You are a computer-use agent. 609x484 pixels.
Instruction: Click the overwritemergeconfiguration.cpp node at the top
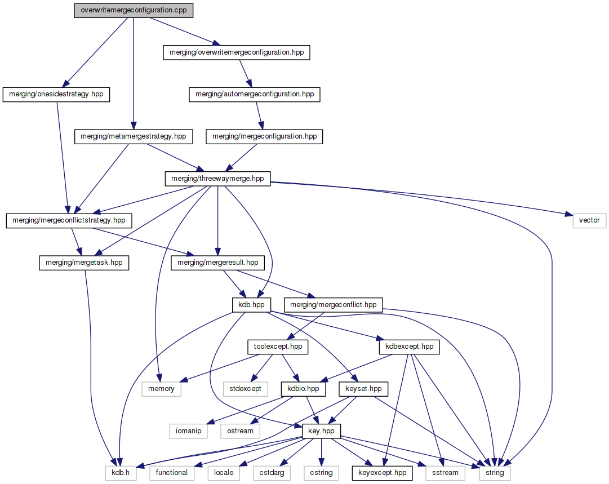click(x=134, y=11)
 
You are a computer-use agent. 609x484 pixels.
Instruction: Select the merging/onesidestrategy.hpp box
click(x=56, y=95)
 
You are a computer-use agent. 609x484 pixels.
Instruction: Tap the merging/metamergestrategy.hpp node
click(x=134, y=136)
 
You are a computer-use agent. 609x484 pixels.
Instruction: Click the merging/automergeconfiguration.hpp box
click(x=254, y=95)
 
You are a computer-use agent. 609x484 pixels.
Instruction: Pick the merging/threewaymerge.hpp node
click(x=217, y=179)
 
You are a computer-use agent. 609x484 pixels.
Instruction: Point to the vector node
click(x=589, y=220)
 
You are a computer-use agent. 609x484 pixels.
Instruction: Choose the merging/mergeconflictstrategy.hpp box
click(x=69, y=220)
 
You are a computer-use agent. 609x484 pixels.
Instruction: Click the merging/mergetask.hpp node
click(x=84, y=263)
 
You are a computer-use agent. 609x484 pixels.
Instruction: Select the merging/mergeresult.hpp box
click(x=217, y=263)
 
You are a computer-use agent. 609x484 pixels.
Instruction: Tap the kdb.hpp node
click(x=251, y=305)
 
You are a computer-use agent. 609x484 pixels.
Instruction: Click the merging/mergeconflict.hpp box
click(x=334, y=305)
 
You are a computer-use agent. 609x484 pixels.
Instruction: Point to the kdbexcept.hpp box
click(x=409, y=347)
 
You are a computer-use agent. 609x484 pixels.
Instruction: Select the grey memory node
click(x=161, y=389)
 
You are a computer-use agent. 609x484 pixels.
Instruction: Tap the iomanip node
click(x=189, y=431)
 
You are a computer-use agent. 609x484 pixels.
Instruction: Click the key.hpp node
click(x=322, y=431)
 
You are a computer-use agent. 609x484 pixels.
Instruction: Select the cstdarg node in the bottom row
click(x=272, y=473)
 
